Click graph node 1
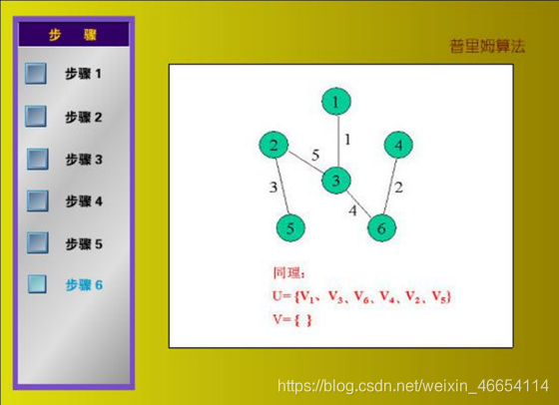[x=336, y=102]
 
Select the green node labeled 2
[x=274, y=145]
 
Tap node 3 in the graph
[x=335, y=181]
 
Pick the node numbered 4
[x=398, y=145]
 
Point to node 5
[x=290, y=228]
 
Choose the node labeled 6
[x=381, y=228]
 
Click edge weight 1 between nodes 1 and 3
[x=347, y=140]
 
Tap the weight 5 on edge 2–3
[x=315, y=156]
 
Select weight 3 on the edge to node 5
[x=274, y=187]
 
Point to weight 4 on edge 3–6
[x=352, y=210]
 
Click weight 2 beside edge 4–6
[x=399, y=187]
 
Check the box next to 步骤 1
[x=36, y=74]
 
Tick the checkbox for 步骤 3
[x=38, y=159]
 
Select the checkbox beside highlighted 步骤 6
[x=37, y=284]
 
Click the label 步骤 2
[x=84, y=117]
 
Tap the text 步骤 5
[x=84, y=244]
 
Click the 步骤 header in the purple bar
[x=73, y=35]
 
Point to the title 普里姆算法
[x=487, y=46]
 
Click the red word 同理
[x=287, y=273]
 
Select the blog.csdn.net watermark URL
[x=413, y=386]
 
